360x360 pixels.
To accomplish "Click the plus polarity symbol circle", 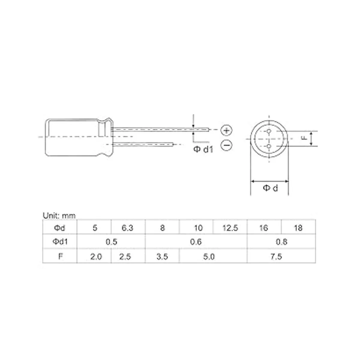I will tap(227, 130).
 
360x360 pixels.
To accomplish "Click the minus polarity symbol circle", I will tap(227, 145).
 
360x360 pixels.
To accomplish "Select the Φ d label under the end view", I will tap(270, 188).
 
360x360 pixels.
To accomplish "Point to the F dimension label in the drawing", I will tap(304, 138).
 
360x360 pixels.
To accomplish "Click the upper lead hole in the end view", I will tap(269, 131).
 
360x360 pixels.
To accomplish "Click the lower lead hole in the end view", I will tap(269, 146).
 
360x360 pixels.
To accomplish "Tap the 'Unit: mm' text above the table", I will tap(59, 215).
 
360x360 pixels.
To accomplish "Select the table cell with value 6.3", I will tap(127, 228).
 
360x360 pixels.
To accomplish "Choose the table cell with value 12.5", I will tap(230, 228).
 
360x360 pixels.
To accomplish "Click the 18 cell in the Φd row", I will tap(298, 228).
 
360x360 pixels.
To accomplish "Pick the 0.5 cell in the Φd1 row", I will tap(111, 242).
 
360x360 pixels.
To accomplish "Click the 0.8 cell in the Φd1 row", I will tap(281, 242).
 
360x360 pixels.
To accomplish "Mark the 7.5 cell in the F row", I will tap(276, 257).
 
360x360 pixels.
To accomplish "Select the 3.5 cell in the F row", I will tap(162, 257).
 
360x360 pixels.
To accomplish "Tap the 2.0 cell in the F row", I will tap(96, 257).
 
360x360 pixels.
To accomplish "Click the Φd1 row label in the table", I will tap(60, 242).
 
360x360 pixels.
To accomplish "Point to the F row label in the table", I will tap(60, 257).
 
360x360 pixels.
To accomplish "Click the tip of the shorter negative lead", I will tap(173, 144).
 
